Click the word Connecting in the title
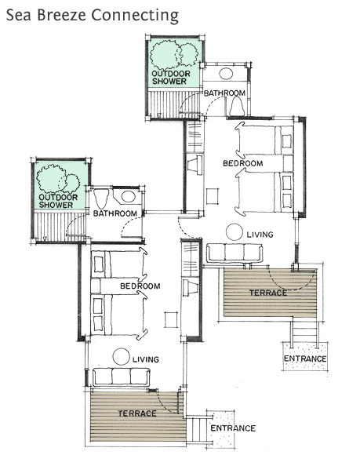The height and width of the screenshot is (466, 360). (x=135, y=16)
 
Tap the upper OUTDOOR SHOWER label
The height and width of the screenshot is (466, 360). (x=171, y=77)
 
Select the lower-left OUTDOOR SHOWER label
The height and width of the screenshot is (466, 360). (x=58, y=201)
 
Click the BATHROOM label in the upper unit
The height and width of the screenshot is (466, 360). (x=224, y=93)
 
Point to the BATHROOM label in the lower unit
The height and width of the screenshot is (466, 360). (x=115, y=213)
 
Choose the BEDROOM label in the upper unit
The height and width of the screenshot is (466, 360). (x=243, y=163)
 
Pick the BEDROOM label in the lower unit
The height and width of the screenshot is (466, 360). (x=140, y=286)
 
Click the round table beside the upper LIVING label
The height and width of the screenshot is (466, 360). (x=234, y=231)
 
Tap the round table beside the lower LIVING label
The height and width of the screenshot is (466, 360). (x=122, y=357)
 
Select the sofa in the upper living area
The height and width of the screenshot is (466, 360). (x=235, y=253)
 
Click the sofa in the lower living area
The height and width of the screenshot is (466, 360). (x=122, y=377)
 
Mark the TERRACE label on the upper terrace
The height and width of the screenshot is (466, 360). (x=268, y=293)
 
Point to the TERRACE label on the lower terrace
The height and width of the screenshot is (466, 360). (x=137, y=413)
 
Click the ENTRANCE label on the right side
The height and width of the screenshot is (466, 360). (x=305, y=359)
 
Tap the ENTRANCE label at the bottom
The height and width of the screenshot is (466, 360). (x=233, y=428)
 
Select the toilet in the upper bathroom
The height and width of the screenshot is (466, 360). (x=237, y=106)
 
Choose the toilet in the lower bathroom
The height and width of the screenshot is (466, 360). (x=101, y=198)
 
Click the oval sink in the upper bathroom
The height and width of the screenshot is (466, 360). (x=226, y=74)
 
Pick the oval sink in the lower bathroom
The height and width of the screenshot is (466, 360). (x=129, y=196)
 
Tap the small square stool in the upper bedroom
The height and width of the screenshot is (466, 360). (x=213, y=196)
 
